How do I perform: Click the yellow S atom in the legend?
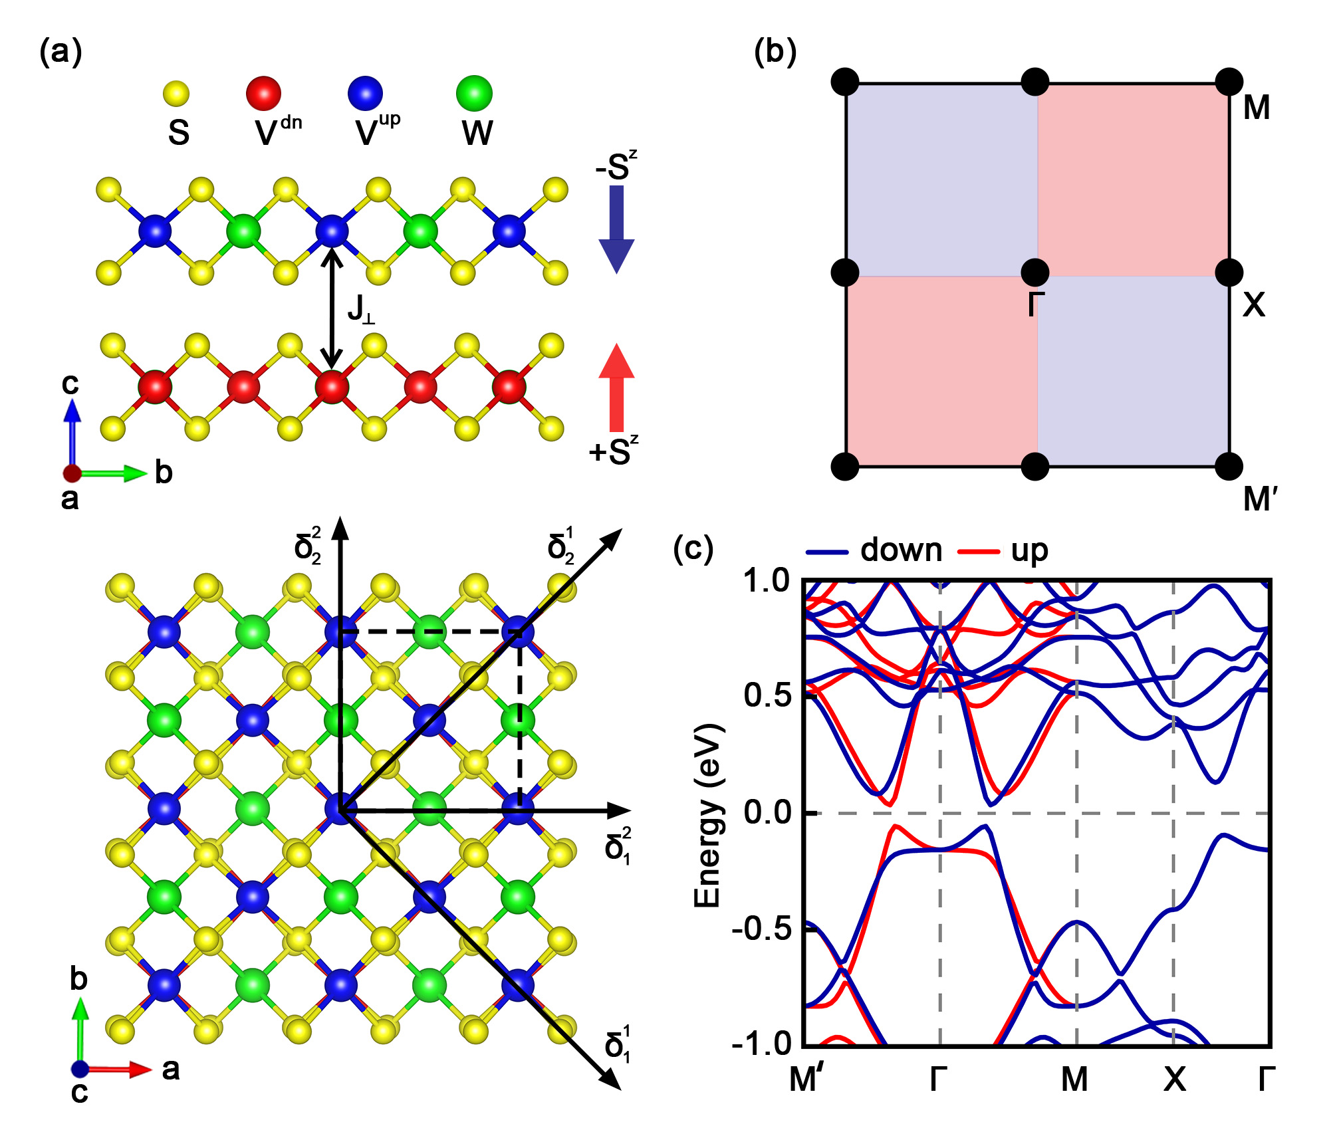tap(176, 94)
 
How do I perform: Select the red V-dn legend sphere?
tap(263, 93)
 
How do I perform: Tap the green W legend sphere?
tap(474, 93)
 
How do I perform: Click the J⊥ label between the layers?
tap(361, 310)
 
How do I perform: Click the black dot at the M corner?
tap(1229, 82)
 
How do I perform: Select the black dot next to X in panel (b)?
tap(1229, 273)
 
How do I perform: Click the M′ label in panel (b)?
tap(1261, 499)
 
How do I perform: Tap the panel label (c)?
tap(693, 549)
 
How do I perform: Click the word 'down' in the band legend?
tap(901, 550)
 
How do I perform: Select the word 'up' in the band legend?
tap(1029, 550)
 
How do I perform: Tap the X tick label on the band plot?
tap(1174, 1080)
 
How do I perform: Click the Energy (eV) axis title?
tap(707, 815)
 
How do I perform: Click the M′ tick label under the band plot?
tap(806, 1080)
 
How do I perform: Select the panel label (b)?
tap(775, 52)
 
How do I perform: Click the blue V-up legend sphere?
tap(365, 93)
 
